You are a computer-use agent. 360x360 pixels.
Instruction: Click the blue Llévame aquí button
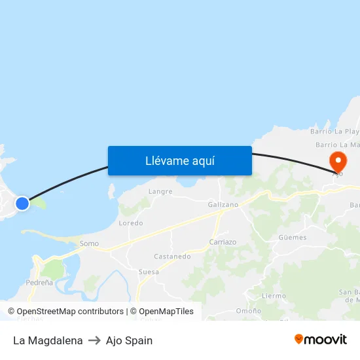(x=180, y=160)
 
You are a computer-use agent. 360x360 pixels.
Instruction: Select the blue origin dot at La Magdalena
(x=22, y=203)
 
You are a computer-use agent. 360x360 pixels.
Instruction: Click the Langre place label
(x=160, y=192)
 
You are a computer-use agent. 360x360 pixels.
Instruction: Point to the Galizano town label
(x=223, y=205)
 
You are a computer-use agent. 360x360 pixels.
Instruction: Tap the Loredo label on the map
(x=131, y=223)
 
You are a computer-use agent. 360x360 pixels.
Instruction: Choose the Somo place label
(x=89, y=244)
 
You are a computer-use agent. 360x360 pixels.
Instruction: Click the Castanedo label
(x=172, y=257)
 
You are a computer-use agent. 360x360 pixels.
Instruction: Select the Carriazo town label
(x=223, y=242)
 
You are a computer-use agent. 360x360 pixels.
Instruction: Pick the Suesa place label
(x=149, y=272)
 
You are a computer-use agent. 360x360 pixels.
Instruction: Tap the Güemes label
(x=292, y=238)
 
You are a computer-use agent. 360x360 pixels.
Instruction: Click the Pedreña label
(x=39, y=283)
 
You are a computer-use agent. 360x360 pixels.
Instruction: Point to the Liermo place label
(x=274, y=296)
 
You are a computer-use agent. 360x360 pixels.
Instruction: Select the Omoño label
(x=249, y=311)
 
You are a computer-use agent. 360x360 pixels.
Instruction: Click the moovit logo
(x=321, y=339)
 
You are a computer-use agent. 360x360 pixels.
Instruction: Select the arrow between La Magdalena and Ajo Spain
(x=94, y=340)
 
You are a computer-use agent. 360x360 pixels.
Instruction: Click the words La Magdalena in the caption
(x=48, y=340)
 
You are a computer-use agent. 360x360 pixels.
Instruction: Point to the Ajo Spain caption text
(x=129, y=340)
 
